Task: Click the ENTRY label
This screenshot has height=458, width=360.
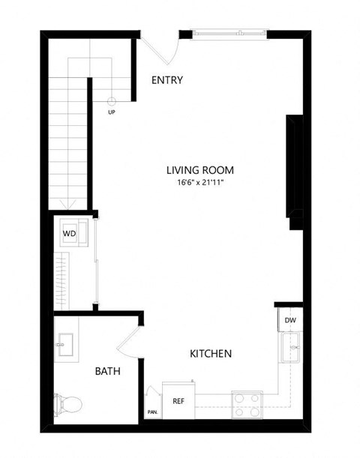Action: [x=166, y=81]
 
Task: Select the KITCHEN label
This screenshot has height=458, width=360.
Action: [x=210, y=353]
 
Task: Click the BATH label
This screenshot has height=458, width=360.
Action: [x=108, y=370]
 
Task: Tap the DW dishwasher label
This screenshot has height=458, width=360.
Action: [x=289, y=321]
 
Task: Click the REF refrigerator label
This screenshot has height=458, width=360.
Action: [x=178, y=402]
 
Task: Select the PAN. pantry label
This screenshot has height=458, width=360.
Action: [x=152, y=412]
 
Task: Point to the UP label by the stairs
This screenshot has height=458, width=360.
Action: [x=112, y=112]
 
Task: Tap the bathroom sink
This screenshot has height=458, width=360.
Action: [x=66, y=345]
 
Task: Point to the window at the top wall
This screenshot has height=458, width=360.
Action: [x=229, y=33]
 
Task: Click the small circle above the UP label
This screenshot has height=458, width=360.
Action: [x=112, y=100]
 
